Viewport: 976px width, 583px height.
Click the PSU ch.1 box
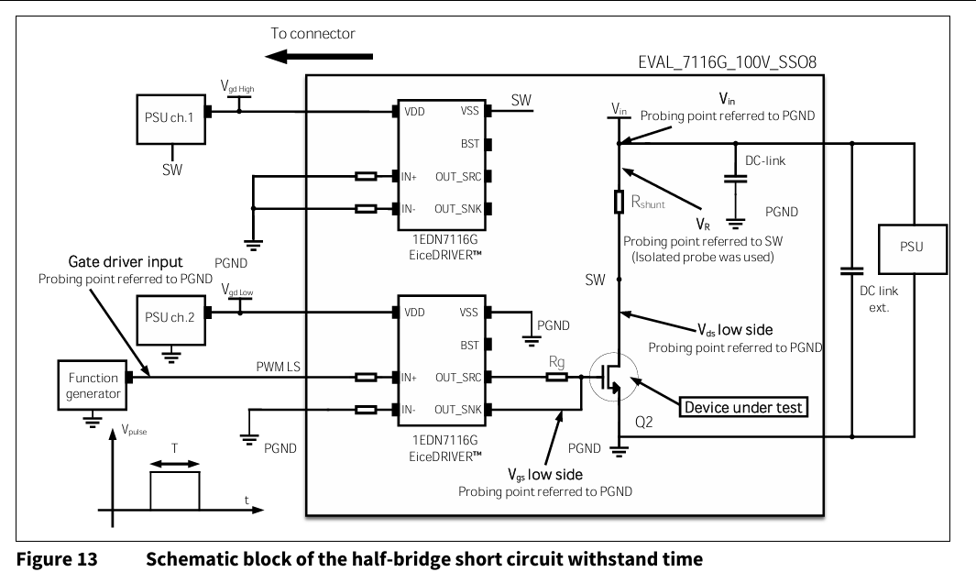coord(170,118)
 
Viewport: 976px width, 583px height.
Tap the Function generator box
coord(93,386)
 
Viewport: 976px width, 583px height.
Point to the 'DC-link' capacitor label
coord(764,160)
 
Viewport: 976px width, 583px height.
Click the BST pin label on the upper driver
coord(470,144)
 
